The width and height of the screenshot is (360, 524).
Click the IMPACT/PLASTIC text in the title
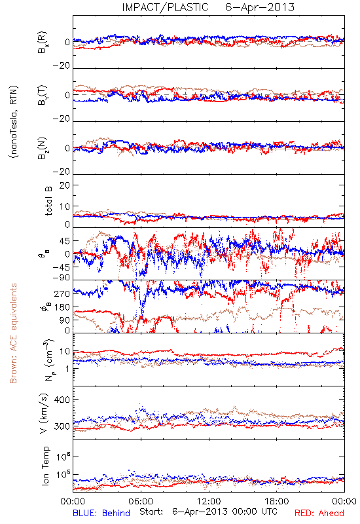tap(165, 7)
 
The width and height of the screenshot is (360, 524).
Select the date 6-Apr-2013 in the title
tap(260, 7)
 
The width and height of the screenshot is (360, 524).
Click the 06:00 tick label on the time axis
tap(141, 501)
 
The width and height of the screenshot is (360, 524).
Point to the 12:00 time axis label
tap(209, 501)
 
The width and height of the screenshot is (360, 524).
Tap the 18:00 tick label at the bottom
tap(277, 501)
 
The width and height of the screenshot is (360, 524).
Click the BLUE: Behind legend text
tap(101, 513)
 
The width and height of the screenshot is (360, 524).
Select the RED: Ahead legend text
tap(319, 513)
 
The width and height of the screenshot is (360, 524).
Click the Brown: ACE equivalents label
tap(13, 333)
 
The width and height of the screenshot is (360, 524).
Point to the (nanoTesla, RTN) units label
tap(14, 122)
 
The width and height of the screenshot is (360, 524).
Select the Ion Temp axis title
tap(45, 466)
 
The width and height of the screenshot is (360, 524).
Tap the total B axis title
tap(48, 200)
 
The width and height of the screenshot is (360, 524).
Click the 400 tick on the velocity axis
tap(62, 400)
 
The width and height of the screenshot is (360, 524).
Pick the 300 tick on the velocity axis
tap(62, 426)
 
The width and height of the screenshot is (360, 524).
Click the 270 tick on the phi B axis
tap(62, 293)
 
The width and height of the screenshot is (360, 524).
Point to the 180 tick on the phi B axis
tap(62, 307)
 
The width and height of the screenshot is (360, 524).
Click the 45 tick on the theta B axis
tap(65, 241)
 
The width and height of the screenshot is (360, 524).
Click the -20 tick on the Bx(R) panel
tap(61, 66)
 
